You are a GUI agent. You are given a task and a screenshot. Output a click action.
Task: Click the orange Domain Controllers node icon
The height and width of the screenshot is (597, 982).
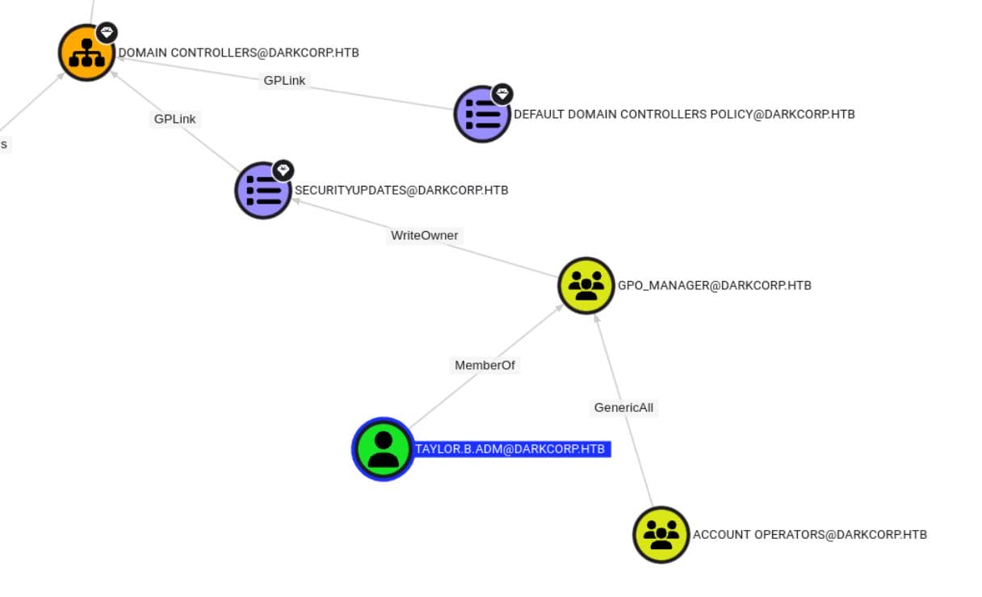(86, 53)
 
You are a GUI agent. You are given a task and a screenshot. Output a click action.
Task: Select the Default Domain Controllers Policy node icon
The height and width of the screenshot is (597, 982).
(482, 115)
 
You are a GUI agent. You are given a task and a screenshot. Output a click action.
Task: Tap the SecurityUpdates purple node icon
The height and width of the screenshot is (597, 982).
(262, 191)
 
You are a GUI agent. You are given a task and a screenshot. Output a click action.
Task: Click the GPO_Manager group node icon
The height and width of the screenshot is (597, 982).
(586, 285)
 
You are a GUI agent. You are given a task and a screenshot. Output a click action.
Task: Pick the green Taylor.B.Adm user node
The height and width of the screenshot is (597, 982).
(384, 449)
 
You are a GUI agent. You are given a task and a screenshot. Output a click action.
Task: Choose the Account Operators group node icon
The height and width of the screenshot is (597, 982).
(661, 535)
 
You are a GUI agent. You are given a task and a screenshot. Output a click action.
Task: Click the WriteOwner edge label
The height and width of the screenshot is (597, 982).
(424, 236)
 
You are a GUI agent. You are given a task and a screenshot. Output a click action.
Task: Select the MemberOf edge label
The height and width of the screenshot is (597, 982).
(485, 365)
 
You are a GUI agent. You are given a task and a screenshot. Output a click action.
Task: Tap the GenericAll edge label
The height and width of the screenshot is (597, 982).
(623, 408)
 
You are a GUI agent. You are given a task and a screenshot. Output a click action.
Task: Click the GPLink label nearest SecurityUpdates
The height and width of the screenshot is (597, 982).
(174, 119)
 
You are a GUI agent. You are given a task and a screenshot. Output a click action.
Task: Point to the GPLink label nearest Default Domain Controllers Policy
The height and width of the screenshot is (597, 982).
(284, 81)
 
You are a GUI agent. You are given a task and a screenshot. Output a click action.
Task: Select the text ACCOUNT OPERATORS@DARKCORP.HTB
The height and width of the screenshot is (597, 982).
(809, 535)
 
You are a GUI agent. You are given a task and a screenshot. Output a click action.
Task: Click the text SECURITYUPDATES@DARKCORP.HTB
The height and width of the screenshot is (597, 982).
(401, 191)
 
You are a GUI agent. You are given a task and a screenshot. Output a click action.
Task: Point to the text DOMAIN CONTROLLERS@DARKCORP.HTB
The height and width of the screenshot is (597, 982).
(238, 53)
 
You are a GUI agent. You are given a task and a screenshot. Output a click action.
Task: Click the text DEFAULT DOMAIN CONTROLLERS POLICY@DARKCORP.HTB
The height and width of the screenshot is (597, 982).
(684, 115)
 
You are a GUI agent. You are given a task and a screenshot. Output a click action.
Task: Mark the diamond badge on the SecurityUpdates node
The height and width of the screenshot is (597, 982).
(283, 170)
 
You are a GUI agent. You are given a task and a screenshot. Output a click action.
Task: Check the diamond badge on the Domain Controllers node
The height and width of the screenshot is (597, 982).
(107, 33)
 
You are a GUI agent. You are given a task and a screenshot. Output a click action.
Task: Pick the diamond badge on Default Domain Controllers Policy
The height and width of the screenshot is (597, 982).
(502, 94)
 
